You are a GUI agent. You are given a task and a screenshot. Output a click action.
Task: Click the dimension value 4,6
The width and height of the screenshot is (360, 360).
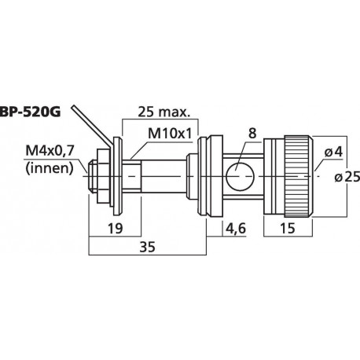tap(233, 228)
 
